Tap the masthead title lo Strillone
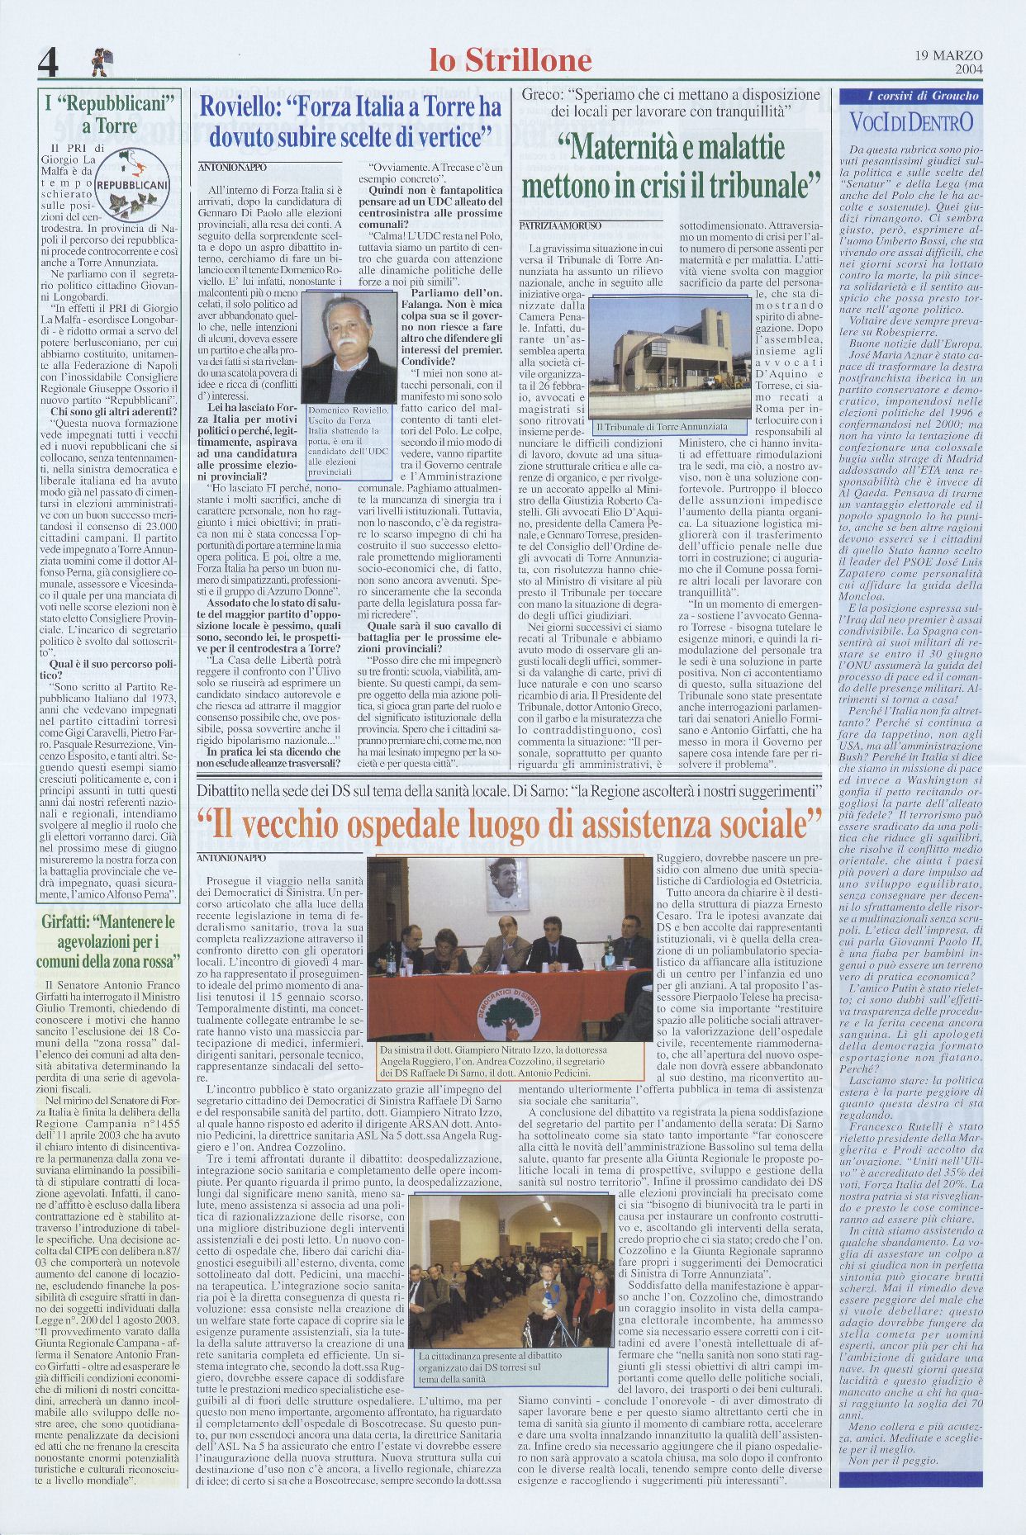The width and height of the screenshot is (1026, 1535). (511, 60)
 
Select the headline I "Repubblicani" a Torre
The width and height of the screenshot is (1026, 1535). (114, 116)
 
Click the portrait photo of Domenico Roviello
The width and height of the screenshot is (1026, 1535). (349, 349)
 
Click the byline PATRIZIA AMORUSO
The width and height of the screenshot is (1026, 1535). (560, 225)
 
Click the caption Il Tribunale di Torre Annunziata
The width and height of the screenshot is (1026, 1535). (661, 427)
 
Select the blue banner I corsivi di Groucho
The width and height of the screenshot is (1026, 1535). (910, 96)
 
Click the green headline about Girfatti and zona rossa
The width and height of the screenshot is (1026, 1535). (108, 941)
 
